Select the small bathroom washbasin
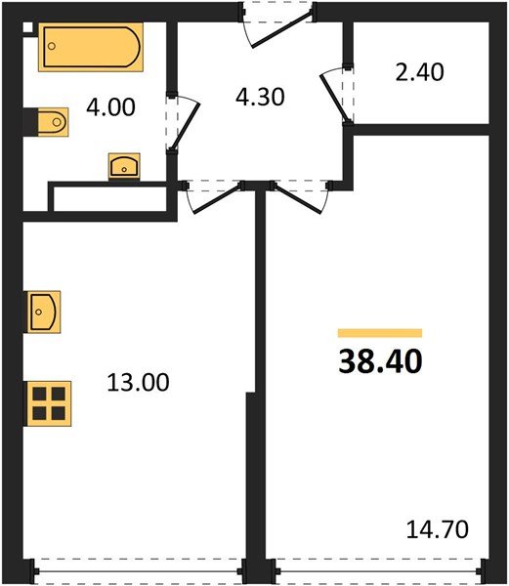tap(124, 166)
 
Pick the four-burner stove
tap(48, 401)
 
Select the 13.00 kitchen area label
tap(137, 382)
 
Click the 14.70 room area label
tap(438, 530)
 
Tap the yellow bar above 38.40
tap(380, 333)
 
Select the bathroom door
tap(183, 122)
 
